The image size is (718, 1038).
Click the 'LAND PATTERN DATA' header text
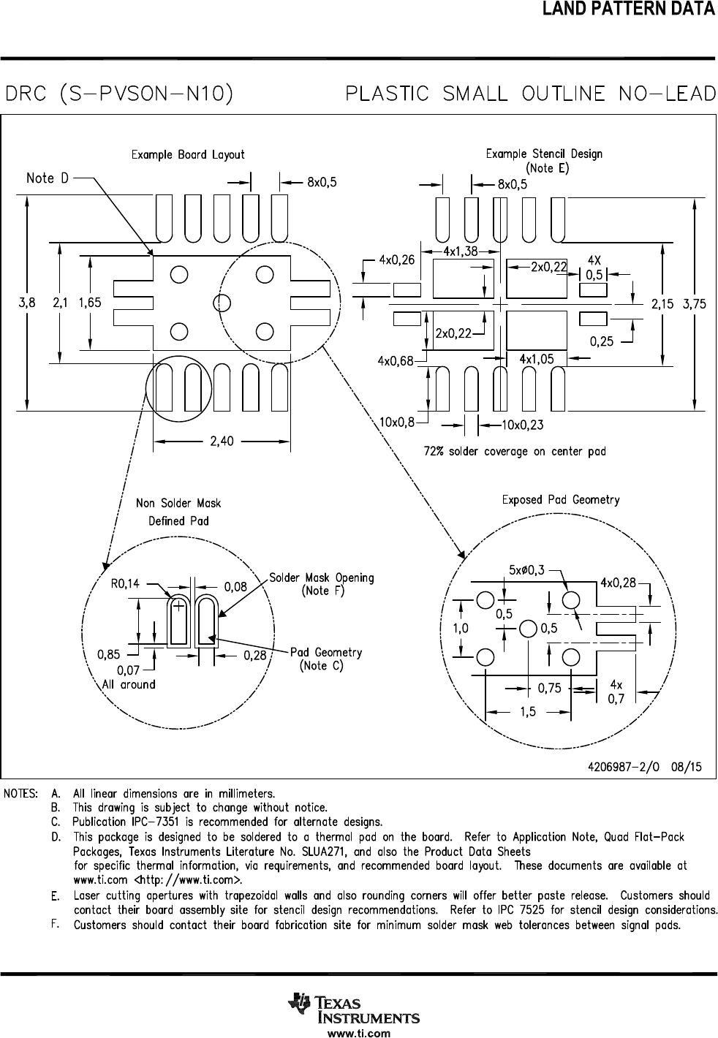pyautogui.click(x=628, y=10)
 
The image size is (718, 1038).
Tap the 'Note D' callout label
pyautogui.click(x=48, y=178)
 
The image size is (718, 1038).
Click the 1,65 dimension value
pyautogui.click(x=90, y=302)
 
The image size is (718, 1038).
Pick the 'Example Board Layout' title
pyautogui.click(x=188, y=155)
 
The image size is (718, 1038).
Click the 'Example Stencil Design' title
pyautogui.click(x=544, y=154)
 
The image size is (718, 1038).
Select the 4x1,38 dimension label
pyautogui.click(x=461, y=251)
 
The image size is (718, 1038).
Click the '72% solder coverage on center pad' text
pyautogui.click(x=515, y=451)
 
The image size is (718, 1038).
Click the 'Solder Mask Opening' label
pyautogui.click(x=321, y=577)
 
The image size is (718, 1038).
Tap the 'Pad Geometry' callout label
pyautogui.click(x=326, y=652)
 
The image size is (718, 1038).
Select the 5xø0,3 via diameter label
pyautogui.click(x=526, y=569)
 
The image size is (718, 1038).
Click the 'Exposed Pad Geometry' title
pyautogui.click(x=560, y=500)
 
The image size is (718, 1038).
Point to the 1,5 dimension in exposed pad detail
pyautogui.click(x=528, y=712)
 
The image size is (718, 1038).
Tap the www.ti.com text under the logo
pyautogui.click(x=359, y=1034)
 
